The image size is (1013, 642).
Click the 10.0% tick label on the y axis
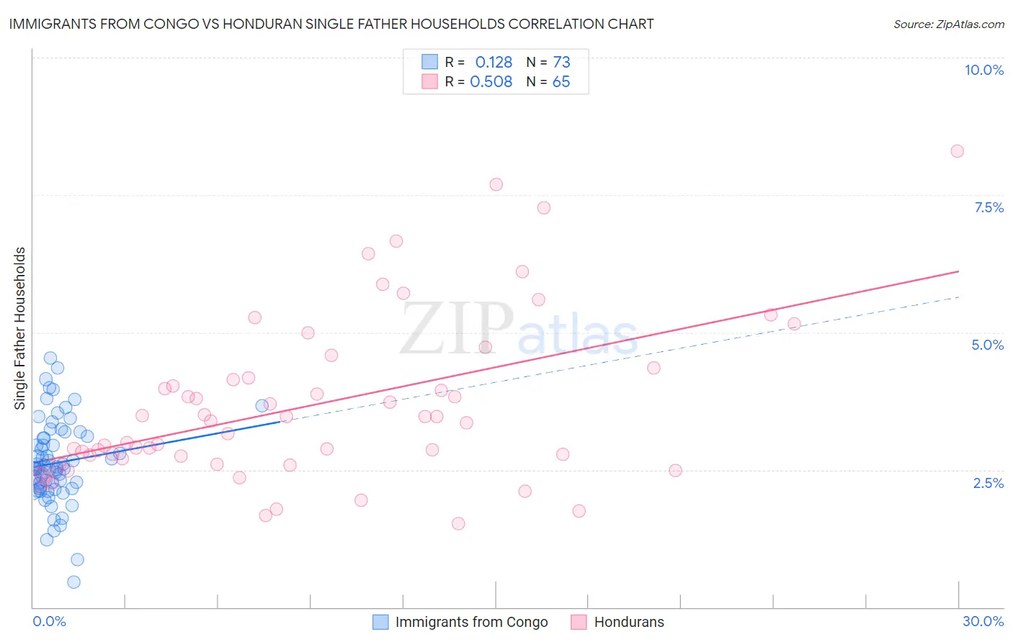pos(983,70)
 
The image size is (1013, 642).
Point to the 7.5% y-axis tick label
pos(989,207)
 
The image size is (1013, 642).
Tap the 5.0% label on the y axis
pos(987,345)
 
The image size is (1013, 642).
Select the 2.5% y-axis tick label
pos(988,483)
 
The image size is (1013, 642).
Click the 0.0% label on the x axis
pos(49,621)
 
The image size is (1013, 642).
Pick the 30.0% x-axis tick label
pos(983,621)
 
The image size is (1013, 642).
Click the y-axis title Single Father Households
pos(20,328)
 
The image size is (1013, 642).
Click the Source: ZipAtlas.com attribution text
pos(948,24)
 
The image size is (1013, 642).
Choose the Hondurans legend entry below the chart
pos(628,622)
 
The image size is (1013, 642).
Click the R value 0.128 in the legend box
pos(494,62)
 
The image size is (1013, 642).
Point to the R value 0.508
pos(491,81)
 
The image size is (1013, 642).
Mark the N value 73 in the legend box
pos(561,62)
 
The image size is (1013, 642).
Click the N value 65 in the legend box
pos(561,81)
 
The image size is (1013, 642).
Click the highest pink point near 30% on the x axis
pos(957,151)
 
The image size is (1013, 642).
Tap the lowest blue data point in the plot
pos(73,582)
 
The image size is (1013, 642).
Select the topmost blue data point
pos(50,358)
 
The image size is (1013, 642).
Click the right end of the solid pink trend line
pos(958,271)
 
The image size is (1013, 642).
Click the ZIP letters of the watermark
pos(457,329)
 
